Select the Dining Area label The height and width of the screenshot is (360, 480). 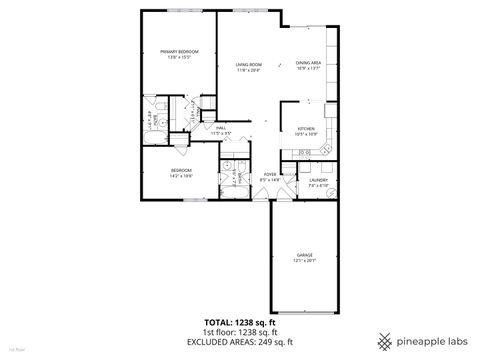tap(309, 63)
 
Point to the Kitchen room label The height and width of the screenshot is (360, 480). tap(306, 129)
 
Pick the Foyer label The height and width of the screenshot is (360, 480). tap(270, 174)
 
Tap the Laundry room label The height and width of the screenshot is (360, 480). tap(319, 180)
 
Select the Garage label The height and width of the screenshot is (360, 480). tap(304, 255)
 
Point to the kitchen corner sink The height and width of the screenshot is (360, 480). tap(333, 150)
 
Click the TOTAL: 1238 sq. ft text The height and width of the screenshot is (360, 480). tap(240, 323)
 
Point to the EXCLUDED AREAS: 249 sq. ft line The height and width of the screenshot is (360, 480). tap(240, 343)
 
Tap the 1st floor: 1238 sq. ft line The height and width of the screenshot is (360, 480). tap(240, 333)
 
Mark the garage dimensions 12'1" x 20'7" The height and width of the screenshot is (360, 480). tap(304, 260)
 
